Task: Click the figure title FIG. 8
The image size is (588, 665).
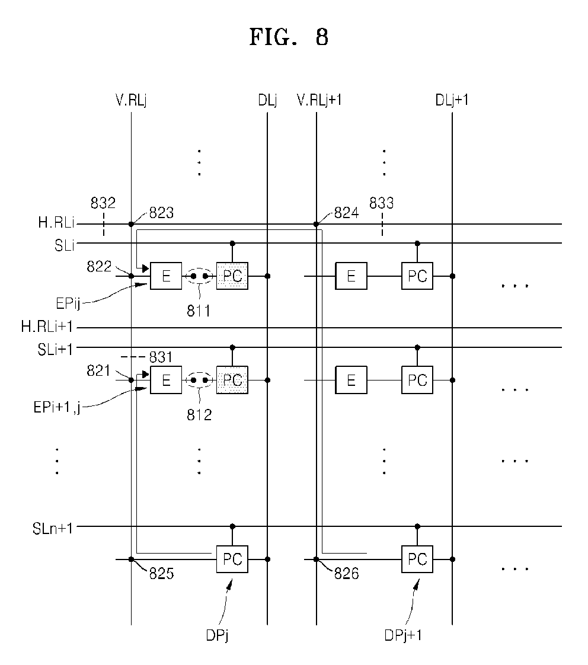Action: click(289, 37)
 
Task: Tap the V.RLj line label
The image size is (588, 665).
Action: click(131, 100)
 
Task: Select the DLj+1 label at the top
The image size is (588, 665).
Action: click(452, 100)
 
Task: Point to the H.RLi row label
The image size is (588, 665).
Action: click(56, 222)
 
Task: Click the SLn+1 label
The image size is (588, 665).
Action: click(53, 529)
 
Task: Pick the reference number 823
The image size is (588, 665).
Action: click(161, 212)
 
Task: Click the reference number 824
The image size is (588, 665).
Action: click(346, 212)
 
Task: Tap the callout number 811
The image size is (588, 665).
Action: click(199, 311)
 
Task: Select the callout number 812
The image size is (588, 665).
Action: click(199, 415)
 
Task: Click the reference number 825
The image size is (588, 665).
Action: click(161, 573)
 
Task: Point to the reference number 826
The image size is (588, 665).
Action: click(346, 573)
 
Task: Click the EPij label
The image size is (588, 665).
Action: click(68, 303)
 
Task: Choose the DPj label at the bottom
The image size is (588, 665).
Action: click(217, 635)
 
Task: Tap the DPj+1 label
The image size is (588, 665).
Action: click(403, 635)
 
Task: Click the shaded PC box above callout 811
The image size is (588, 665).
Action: click(232, 276)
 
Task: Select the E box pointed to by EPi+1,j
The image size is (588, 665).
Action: click(166, 380)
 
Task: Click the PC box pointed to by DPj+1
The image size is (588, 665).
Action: click(417, 560)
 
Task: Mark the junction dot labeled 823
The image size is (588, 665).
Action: click(131, 224)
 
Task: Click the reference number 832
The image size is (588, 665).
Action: click(103, 203)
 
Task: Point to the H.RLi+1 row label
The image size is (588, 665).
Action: click(47, 327)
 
